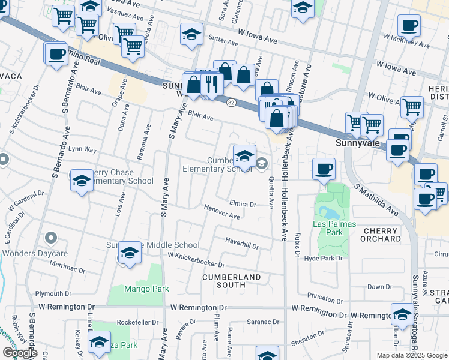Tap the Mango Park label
[x=146, y=289]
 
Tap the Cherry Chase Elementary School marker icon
[x=82, y=180]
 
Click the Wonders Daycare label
[x=34, y=253]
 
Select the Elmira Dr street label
[x=243, y=204]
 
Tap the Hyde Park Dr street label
[x=323, y=258]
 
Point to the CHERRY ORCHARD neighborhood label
[x=380, y=235]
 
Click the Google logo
[x=20, y=353]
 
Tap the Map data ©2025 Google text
[x=411, y=355]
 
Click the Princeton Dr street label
[x=324, y=296]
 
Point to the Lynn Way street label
[x=82, y=148]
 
